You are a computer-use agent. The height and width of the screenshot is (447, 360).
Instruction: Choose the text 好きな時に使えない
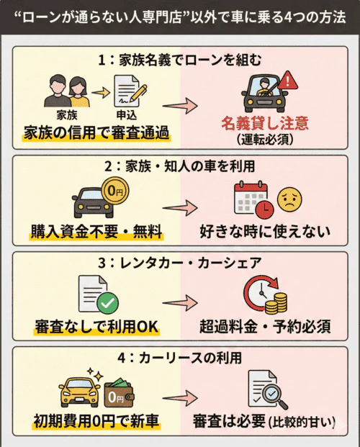[x=264, y=232]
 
